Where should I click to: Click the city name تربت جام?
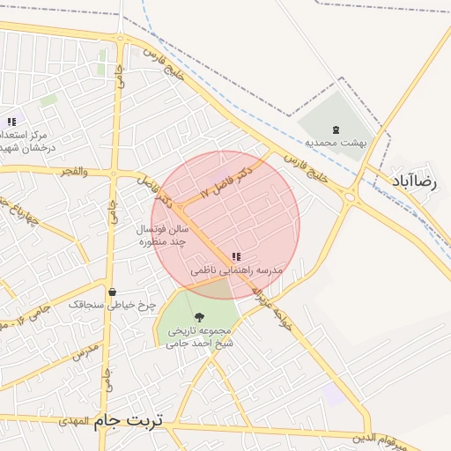click(x=129, y=421)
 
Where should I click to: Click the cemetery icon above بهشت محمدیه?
click(x=335, y=129)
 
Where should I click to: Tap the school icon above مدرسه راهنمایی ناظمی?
click(x=235, y=256)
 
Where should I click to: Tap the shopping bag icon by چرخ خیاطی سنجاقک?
click(x=112, y=292)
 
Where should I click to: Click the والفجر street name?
click(x=71, y=171)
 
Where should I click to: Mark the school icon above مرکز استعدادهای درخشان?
click(x=11, y=122)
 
